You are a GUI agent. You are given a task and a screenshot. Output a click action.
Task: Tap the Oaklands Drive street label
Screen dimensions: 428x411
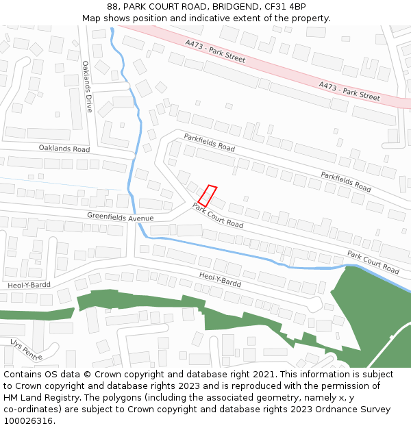(87, 86)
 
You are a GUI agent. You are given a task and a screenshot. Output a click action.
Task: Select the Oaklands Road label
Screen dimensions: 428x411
(64, 149)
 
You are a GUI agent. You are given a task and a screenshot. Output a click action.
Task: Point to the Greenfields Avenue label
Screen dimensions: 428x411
(120, 217)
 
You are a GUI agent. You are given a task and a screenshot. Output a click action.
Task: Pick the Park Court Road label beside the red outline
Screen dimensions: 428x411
(218, 215)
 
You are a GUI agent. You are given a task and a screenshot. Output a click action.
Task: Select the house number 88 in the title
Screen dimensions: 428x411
(112, 7)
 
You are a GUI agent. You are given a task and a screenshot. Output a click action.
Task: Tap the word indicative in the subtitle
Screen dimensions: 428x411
(186, 18)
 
